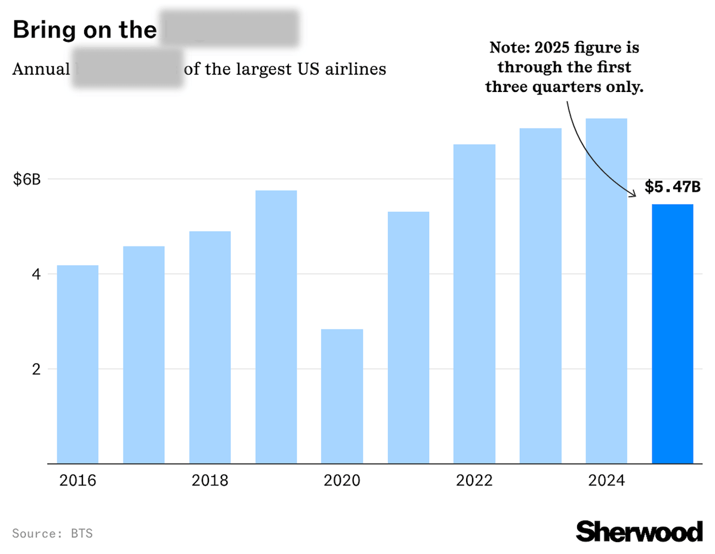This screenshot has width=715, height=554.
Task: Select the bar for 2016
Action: click(78, 364)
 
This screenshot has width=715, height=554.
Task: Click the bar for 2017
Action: click(144, 355)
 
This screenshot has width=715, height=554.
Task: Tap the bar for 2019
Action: click(276, 327)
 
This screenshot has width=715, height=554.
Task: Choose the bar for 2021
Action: click(408, 337)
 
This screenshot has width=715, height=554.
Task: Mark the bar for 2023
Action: click(540, 296)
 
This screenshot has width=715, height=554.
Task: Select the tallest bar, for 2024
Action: click(606, 291)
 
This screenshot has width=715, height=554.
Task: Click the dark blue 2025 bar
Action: click(673, 334)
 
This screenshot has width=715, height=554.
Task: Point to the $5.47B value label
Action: click(672, 187)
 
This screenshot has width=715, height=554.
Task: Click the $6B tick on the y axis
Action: click(27, 179)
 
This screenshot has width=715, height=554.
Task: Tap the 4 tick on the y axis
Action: click(35, 274)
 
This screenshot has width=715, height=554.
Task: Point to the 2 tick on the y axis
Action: click(35, 369)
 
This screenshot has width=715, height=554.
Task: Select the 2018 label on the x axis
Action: click(210, 481)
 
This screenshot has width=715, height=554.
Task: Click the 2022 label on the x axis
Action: click(474, 481)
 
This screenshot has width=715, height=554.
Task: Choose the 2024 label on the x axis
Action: click(606, 481)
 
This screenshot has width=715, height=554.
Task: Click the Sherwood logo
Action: click(639, 531)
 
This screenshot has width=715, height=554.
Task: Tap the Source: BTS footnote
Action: click(53, 533)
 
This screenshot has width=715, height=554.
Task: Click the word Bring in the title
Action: click(45, 30)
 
